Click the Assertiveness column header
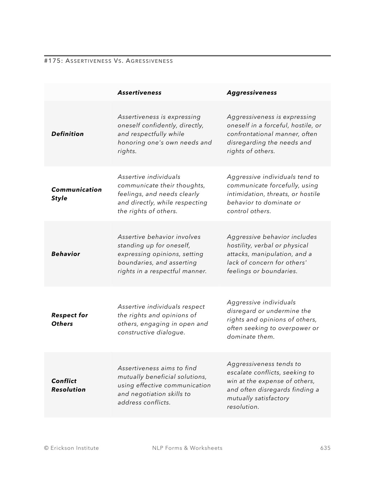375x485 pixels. (139, 92)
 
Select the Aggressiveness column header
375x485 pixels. (252, 92)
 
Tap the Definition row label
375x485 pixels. (67, 134)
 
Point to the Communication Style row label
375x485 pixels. (76, 194)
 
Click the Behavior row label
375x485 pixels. (66, 254)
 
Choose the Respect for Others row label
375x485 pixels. (70, 319)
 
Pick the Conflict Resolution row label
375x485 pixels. (68, 385)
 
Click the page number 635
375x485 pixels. (325, 448)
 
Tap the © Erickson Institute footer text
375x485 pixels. (71, 448)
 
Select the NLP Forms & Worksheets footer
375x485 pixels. (187, 448)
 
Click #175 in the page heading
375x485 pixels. (53, 61)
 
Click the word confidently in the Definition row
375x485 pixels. (157, 125)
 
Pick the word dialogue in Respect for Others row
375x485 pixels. (171, 332)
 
